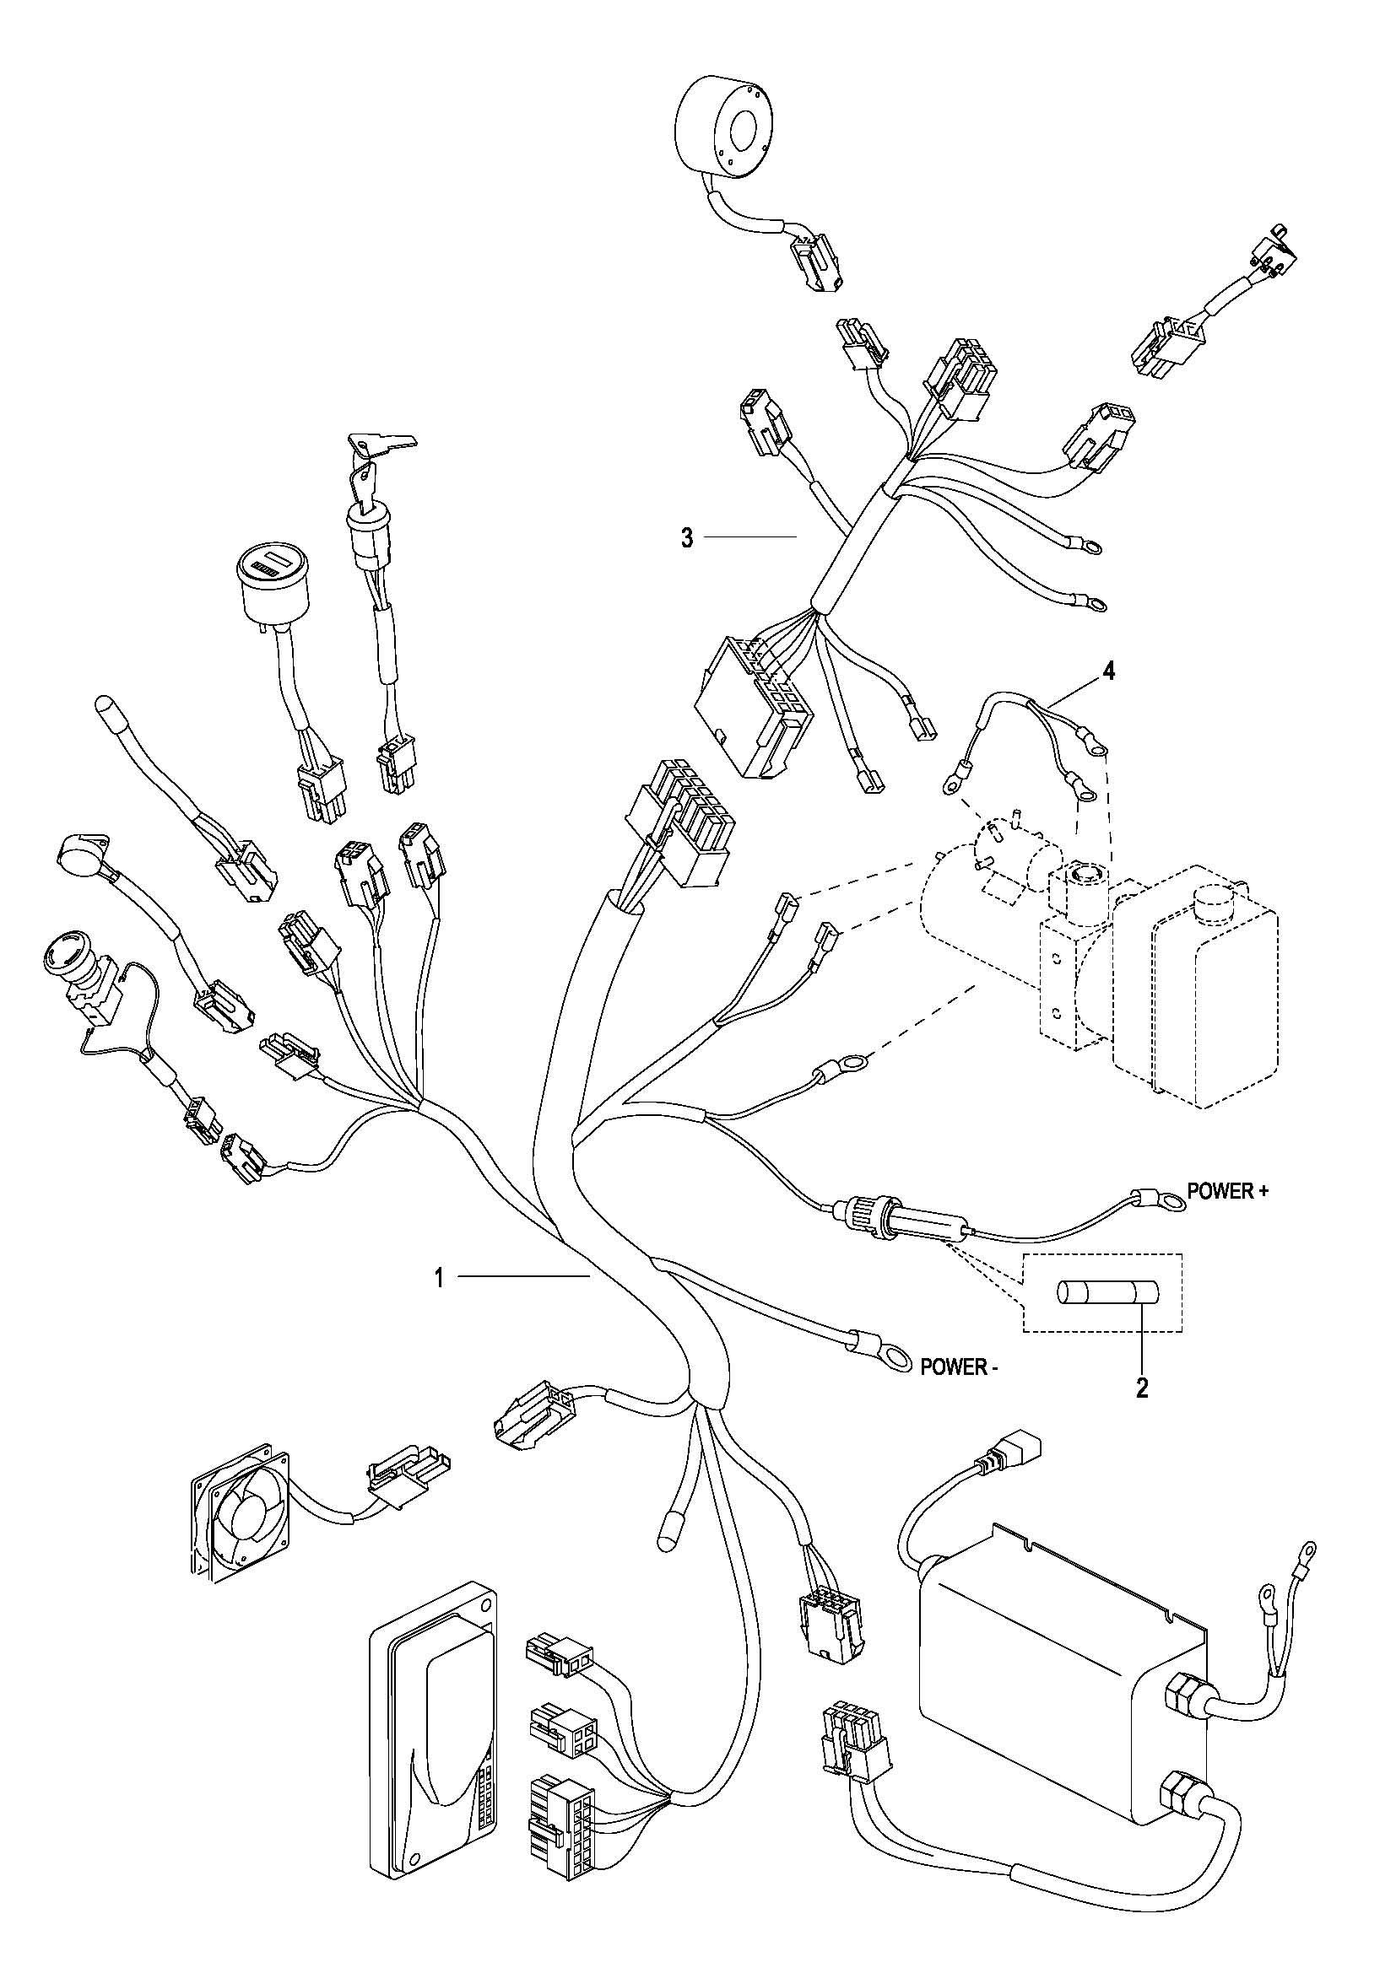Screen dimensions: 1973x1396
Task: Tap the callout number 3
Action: (x=687, y=539)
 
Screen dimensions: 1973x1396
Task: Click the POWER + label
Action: (x=1226, y=1192)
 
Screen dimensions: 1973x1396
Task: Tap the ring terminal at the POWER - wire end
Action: (x=895, y=1359)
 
